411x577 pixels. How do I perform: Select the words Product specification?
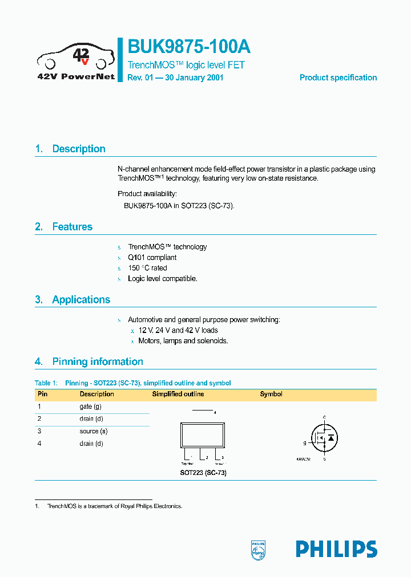coord(338,78)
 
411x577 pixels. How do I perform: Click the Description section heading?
coord(79,149)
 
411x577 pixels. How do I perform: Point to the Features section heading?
coord(72,227)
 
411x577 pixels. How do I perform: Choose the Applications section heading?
coord(81,300)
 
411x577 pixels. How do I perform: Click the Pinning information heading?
coord(98,361)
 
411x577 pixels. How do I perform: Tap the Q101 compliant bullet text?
coord(152,258)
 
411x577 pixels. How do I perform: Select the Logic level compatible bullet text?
coord(162,279)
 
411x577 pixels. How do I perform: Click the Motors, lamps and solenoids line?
coord(183,341)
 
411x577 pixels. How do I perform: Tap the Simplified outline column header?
coord(178,394)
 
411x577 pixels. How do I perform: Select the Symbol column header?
coord(271,394)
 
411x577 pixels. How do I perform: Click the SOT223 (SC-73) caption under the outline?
coord(200,473)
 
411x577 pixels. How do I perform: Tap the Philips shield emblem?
coord(259,550)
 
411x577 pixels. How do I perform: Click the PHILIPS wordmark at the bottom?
coord(336,549)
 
